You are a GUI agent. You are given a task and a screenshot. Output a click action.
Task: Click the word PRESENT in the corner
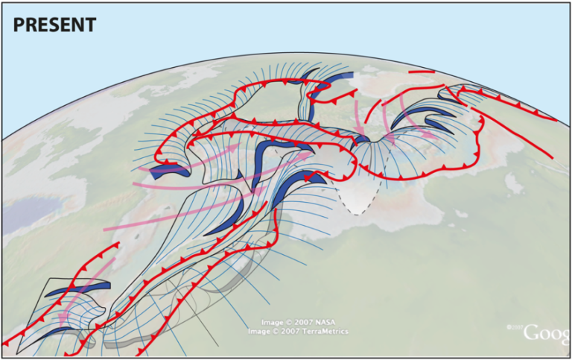55,25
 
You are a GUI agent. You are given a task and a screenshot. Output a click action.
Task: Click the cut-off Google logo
547,333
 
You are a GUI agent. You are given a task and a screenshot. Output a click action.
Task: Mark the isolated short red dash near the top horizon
422,72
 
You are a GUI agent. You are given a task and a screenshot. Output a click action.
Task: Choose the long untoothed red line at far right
521,138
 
